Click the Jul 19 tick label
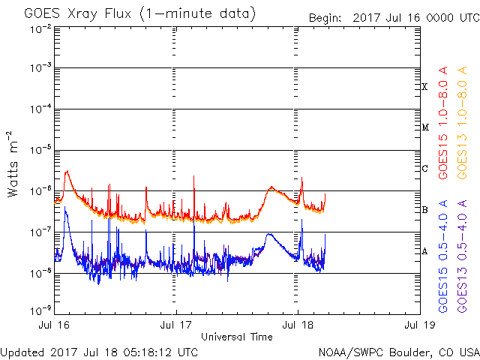click(418, 325)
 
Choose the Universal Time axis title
click(237, 337)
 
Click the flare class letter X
click(425, 87)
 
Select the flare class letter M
click(425, 127)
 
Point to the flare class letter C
click(425, 169)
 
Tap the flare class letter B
click(425, 210)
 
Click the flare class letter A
click(425, 251)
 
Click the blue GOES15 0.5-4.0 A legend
click(444, 255)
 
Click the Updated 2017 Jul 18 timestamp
click(100, 352)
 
